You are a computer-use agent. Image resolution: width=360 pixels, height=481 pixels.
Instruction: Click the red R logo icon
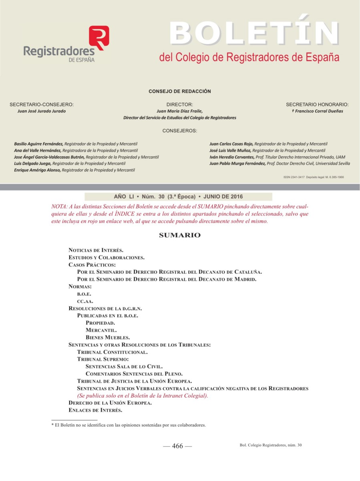pos(99,37)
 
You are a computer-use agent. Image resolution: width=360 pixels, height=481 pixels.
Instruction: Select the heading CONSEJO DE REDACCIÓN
pos(180,91)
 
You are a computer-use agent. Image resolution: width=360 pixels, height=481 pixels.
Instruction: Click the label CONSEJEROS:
pos(180,131)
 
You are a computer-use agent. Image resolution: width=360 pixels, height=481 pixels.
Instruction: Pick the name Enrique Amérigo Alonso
pos(37,170)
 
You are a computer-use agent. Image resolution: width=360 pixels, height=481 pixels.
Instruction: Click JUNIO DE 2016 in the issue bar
pos(223,197)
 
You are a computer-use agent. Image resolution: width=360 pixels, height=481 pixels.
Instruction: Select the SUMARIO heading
pos(180,235)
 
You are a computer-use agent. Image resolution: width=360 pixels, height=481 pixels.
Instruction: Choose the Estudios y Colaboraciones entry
pos(106,257)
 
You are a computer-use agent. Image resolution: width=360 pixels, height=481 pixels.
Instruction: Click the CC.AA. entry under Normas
pos(85,301)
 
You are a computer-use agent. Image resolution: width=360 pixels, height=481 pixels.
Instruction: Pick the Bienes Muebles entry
pos(107,338)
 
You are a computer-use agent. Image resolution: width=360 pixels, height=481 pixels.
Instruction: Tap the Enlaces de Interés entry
pos(95,410)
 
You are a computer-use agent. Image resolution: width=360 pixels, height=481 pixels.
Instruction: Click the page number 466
pos(177,446)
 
